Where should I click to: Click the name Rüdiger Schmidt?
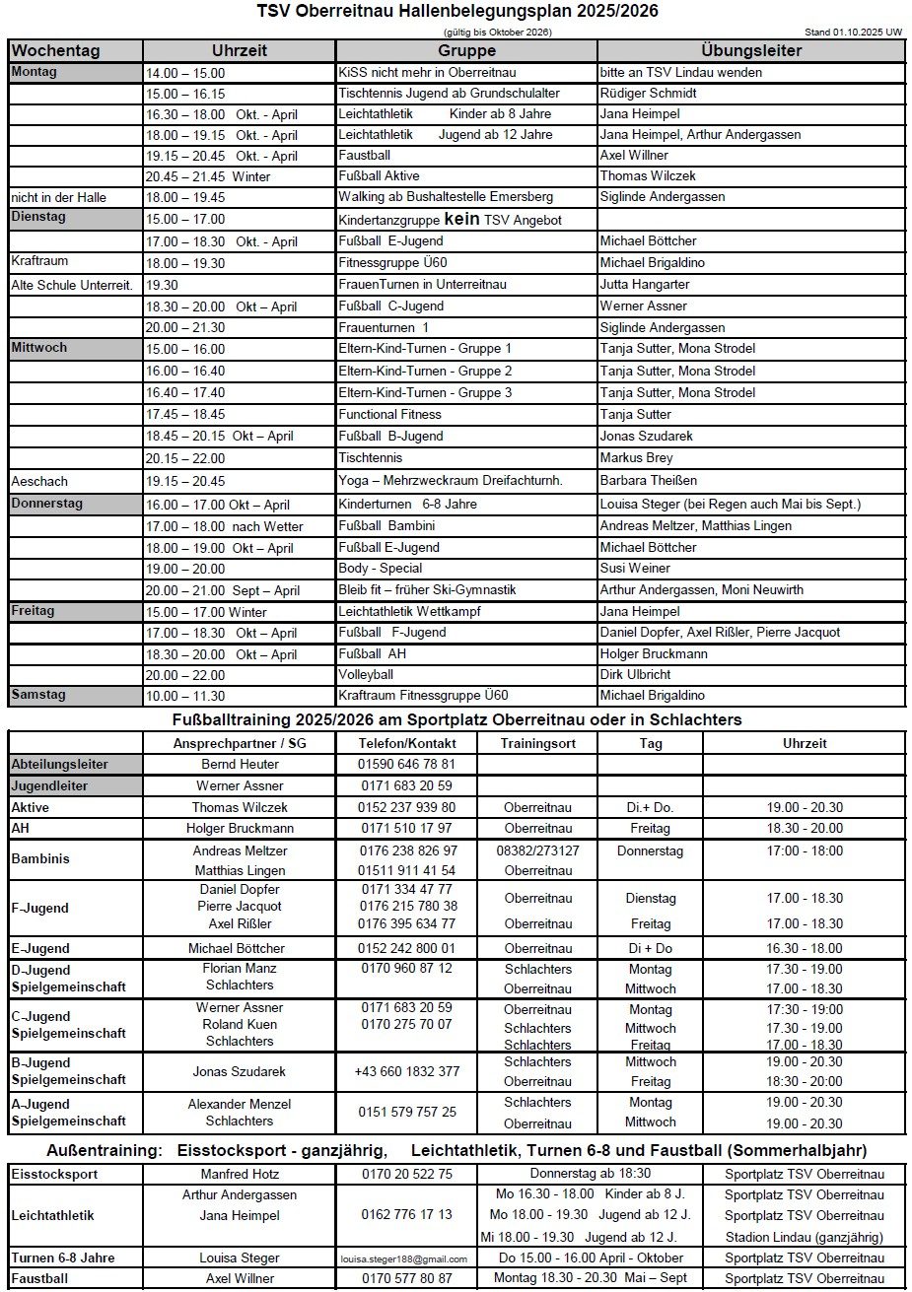(x=648, y=94)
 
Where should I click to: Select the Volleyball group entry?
(x=366, y=675)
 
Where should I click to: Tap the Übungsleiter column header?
(x=751, y=50)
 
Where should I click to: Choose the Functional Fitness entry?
(x=389, y=414)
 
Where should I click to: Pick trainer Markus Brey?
(x=636, y=457)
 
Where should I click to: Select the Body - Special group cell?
(x=380, y=568)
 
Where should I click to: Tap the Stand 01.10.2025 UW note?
(x=855, y=33)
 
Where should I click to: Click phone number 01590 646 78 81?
(x=407, y=764)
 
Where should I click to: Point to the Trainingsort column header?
(x=537, y=743)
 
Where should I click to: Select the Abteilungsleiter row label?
(x=60, y=764)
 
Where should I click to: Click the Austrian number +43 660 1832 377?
(x=407, y=1071)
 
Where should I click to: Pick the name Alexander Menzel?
(x=240, y=1104)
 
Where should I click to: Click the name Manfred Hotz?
(x=240, y=1174)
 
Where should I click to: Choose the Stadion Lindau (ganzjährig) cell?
(x=804, y=1237)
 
